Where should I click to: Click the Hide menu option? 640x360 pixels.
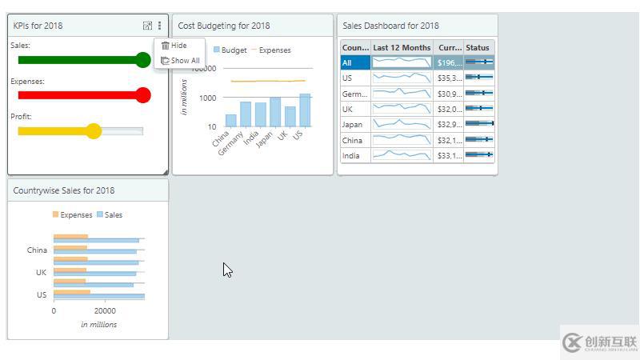[178, 46]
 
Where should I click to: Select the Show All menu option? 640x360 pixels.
[184, 60]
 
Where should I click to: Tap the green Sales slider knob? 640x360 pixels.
[143, 60]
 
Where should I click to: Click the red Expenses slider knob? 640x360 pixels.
[143, 95]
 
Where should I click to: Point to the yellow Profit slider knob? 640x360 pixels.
[94, 131]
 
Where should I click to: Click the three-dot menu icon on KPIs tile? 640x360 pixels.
[159, 26]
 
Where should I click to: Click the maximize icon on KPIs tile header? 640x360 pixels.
[147, 26]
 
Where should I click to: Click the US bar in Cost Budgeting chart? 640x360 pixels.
[305, 110]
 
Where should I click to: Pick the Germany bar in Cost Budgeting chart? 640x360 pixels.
[246, 114]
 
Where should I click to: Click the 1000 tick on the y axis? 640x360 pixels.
[206, 98]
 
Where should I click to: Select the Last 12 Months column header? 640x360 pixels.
[402, 48]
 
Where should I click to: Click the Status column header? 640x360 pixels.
[478, 48]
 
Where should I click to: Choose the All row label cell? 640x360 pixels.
[355, 62]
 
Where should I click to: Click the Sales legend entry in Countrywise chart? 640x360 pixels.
[113, 215]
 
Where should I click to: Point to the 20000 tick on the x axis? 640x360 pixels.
[105, 311]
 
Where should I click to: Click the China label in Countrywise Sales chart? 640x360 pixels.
[37, 250]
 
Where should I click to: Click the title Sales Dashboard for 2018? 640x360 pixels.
[390, 26]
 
